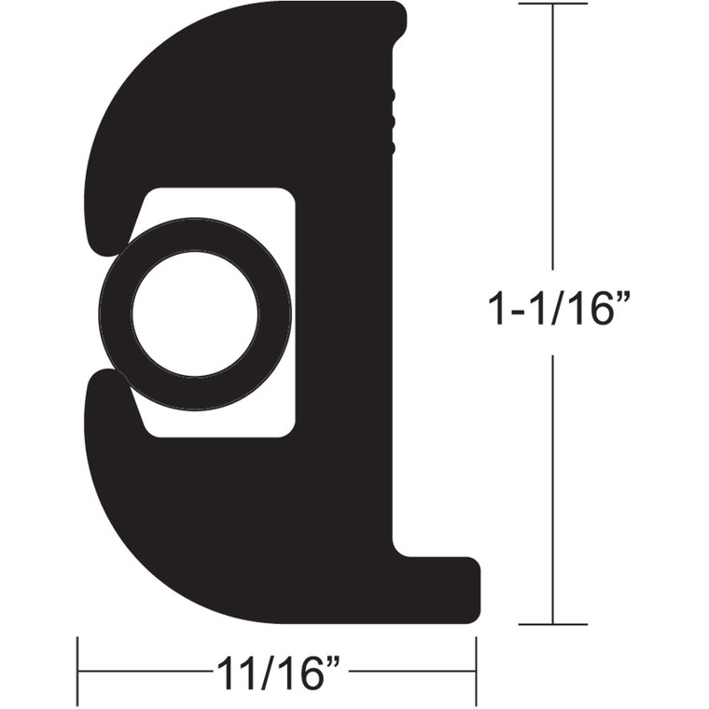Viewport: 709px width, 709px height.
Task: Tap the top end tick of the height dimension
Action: click(x=553, y=5)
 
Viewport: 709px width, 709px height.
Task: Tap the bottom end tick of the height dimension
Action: click(x=553, y=624)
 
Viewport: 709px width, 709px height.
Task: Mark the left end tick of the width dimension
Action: click(x=77, y=671)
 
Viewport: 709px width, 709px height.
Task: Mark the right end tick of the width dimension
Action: click(x=477, y=671)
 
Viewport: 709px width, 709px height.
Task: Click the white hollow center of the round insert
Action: click(x=194, y=314)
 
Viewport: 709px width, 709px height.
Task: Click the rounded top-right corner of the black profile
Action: click(x=396, y=13)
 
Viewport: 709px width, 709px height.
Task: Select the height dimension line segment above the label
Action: click(x=553, y=140)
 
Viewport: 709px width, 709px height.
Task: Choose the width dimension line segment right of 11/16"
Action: click(x=410, y=671)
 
